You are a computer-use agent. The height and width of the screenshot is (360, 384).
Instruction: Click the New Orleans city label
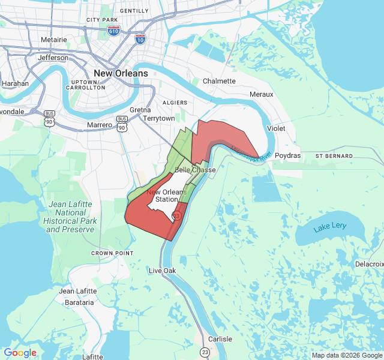point(121,73)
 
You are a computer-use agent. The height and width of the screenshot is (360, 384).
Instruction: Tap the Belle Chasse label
point(195,170)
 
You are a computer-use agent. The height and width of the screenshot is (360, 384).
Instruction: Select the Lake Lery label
point(329,227)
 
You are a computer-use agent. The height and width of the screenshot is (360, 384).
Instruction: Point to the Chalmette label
point(219,81)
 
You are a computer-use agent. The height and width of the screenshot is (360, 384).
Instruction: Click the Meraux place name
point(261,94)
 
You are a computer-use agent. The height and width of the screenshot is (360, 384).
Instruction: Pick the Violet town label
point(276,128)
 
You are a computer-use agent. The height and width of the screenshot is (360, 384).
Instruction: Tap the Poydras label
point(288,155)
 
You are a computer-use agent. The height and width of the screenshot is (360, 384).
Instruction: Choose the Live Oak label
point(162,271)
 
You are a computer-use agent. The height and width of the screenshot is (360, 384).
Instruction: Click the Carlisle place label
point(220,339)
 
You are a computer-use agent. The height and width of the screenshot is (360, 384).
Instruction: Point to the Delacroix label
point(369,264)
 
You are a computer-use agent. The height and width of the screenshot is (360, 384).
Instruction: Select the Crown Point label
point(112,253)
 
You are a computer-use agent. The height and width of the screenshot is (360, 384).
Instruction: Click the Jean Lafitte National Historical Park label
point(71,217)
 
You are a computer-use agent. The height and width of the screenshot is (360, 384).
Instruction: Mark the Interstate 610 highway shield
point(113,29)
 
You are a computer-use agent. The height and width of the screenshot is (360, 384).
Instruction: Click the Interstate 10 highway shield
point(140,40)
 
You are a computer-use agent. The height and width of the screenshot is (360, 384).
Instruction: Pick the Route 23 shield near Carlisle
point(206,352)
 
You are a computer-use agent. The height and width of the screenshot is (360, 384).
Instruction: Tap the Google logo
point(20,353)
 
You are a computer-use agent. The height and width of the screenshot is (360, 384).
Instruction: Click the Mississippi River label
point(252,152)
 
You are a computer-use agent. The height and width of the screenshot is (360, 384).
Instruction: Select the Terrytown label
point(159,118)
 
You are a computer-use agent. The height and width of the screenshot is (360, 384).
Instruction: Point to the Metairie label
point(53,40)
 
